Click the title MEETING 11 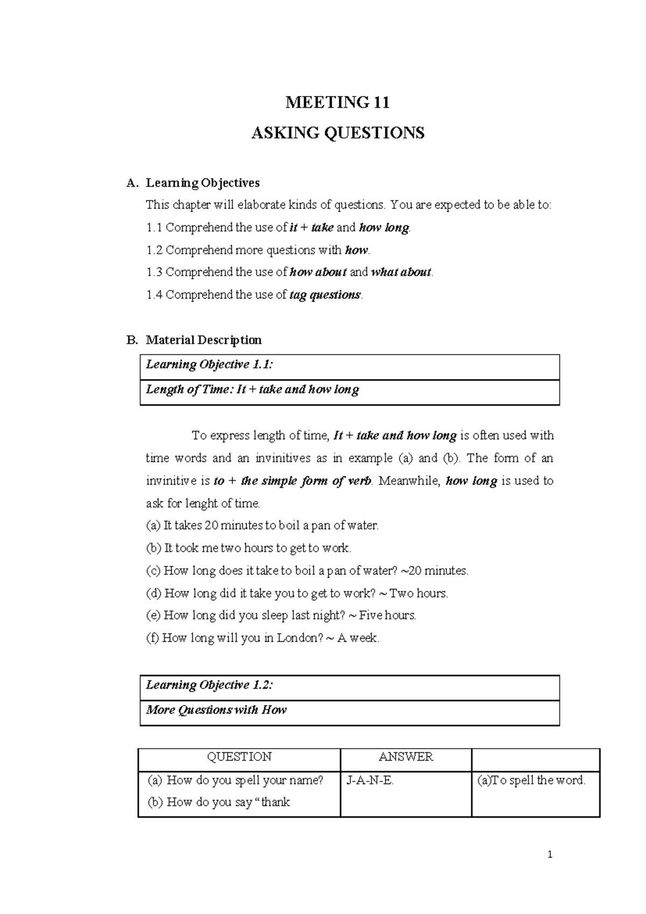pyautogui.click(x=337, y=102)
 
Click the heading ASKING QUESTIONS pyautogui.click(x=338, y=133)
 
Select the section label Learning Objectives pyautogui.click(x=202, y=183)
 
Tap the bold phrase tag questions pyautogui.click(x=325, y=295)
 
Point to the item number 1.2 pyautogui.click(x=155, y=250)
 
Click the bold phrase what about pyautogui.click(x=401, y=272)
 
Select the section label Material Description pyautogui.click(x=203, y=340)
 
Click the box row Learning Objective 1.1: pyautogui.click(x=349, y=365)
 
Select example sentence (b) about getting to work pyautogui.click(x=249, y=548)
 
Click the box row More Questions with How pyautogui.click(x=349, y=710)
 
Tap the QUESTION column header pyautogui.click(x=239, y=757)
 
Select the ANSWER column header pyautogui.click(x=405, y=757)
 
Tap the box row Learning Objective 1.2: pyautogui.click(x=349, y=685)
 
